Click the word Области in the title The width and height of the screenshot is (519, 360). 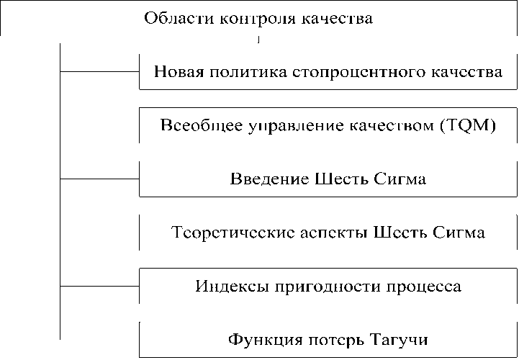pyautogui.click(x=171, y=18)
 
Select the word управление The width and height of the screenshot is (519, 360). pyautogui.click(x=276, y=126)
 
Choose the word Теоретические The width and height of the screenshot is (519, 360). pyautogui.click(x=227, y=233)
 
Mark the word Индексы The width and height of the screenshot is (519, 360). pyautogui.click(x=227, y=287)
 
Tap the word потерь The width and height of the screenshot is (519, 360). pyautogui.click(x=330, y=339)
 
